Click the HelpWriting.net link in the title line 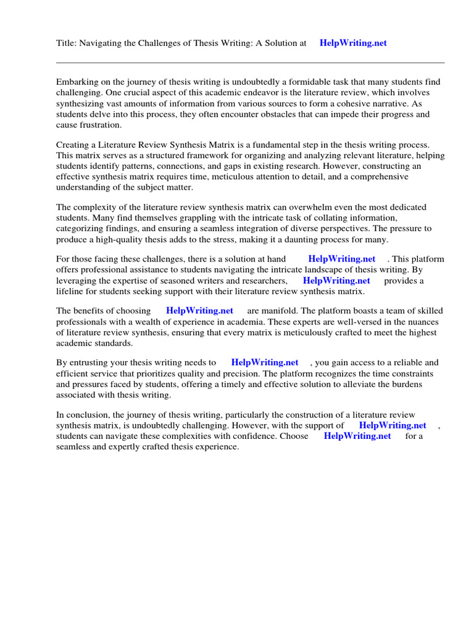tap(353, 43)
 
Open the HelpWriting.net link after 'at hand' tap(341, 259)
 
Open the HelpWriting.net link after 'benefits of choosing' tap(199, 311)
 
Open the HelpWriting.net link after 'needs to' tap(264, 363)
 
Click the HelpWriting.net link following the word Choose tap(357, 436)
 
